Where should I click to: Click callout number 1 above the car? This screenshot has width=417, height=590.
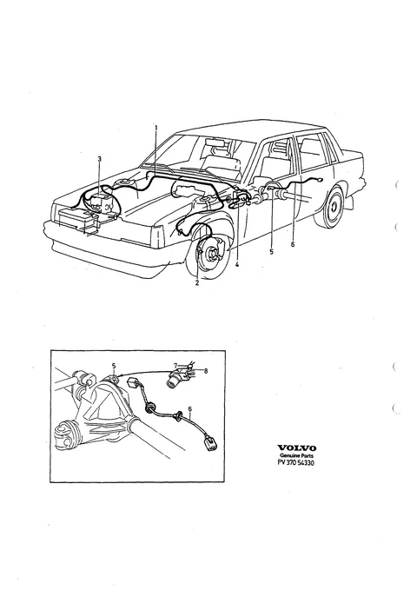point(156,128)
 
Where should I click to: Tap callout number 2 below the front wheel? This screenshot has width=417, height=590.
point(197,283)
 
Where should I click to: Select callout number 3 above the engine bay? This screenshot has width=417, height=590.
point(99,159)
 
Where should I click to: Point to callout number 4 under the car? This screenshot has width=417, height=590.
point(236,265)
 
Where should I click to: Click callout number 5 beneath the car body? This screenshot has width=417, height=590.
point(271,252)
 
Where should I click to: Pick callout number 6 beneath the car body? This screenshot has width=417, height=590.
point(293,244)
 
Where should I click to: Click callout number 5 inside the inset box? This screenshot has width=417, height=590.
point(114,365)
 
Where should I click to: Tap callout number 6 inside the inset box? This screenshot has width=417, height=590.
point(189,408)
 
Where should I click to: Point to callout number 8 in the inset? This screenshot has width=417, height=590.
point(206,371)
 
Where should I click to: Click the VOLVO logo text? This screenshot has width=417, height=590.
point(297,447)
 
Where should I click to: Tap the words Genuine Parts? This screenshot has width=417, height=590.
point(297,455)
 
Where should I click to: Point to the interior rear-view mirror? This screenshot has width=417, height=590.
point(215,143)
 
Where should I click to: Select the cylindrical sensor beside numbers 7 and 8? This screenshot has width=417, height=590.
point(175,378)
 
